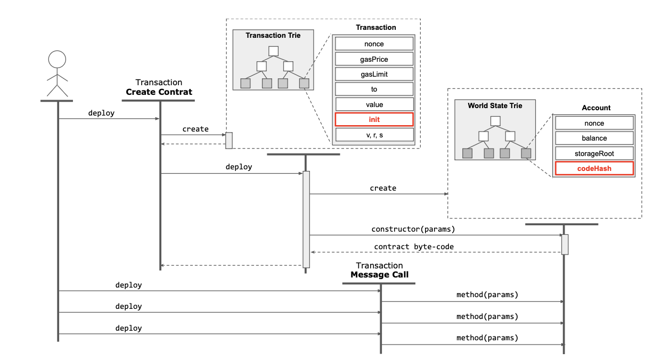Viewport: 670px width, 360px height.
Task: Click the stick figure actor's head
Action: coord(57,59)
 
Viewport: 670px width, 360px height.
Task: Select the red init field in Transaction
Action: coord(374,120)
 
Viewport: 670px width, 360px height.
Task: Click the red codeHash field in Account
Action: coord(594,168)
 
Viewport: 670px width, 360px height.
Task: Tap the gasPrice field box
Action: coord(374,59)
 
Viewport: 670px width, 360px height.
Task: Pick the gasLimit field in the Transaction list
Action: coord(374,74)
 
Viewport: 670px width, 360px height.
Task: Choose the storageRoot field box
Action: coord(594,153)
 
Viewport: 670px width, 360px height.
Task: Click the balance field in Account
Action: coord(594,138)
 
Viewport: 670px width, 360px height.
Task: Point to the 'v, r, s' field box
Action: coord(374,135)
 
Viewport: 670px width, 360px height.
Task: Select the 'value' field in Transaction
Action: coord(374,105)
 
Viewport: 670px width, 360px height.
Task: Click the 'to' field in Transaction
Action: coord(374,89)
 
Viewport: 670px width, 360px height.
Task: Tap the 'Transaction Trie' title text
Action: coord(273,36)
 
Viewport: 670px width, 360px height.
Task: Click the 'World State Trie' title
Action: coord(495,106)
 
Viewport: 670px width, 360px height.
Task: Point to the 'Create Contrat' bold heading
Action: coord(159,92)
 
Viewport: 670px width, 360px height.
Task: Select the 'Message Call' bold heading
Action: coord(379,275)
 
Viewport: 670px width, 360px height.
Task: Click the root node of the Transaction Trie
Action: coord(274,51)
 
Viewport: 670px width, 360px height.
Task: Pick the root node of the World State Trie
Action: coord(495,121)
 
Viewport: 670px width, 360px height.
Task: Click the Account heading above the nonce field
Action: coord(596,108)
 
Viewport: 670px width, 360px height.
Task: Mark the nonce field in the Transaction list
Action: coord(374,44)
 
